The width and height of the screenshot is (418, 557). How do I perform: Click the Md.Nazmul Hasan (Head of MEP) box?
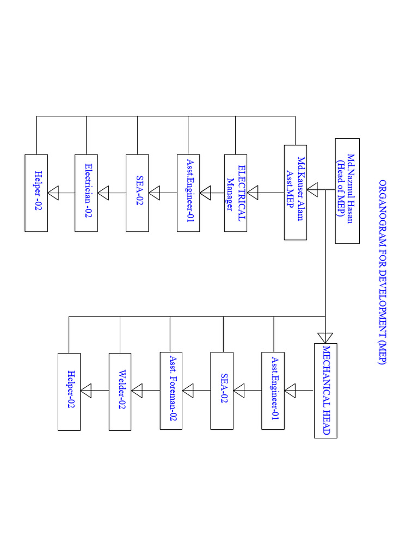pyautogui.click(x=347, y=190)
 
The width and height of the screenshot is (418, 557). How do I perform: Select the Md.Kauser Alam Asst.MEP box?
pyautogui.click(x=296, y=192)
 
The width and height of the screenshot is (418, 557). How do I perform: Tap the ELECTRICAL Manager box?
pyautogui.click(x=236, y=193)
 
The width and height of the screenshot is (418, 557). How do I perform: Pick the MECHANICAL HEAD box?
pyautogui.click(x=325, y=391)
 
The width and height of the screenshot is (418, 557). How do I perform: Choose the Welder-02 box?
pyautogui.click(x=120, y=391)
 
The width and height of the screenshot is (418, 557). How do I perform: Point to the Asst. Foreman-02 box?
pyautogui.click(x=171, y=390)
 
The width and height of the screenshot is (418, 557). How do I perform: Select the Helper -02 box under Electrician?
pyautogui.click(x=36, y=193)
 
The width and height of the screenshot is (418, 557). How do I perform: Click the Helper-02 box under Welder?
pyautogui.click(x=69, y=391)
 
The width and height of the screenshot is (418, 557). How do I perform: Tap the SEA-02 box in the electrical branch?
pyautogui.click(x=137, y=193)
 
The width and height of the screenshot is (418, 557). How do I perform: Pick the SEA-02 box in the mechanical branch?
pyautogui.click(x=222, y=390)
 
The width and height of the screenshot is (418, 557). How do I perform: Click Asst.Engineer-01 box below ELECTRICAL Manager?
pyautogui.click(x=188, y=193)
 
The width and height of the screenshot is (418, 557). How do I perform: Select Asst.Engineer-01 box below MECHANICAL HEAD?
pyautogui.click(x=273, y=390)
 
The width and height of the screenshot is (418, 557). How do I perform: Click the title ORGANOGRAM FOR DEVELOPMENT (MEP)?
pyautogui.click(x=382, y=276)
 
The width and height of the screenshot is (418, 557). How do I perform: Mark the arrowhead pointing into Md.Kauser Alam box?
pyautogui.click(x=312, y=190)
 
